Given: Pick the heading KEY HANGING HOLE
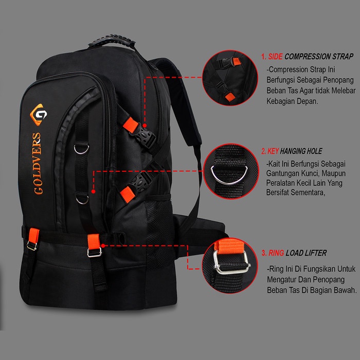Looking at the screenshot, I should pos(292,151).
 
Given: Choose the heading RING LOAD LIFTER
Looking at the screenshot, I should pos(294,253).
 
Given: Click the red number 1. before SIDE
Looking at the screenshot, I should pos(264,57).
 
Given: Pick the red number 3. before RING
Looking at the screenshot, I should pos(264,253).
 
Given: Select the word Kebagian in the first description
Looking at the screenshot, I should pos(283,101).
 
